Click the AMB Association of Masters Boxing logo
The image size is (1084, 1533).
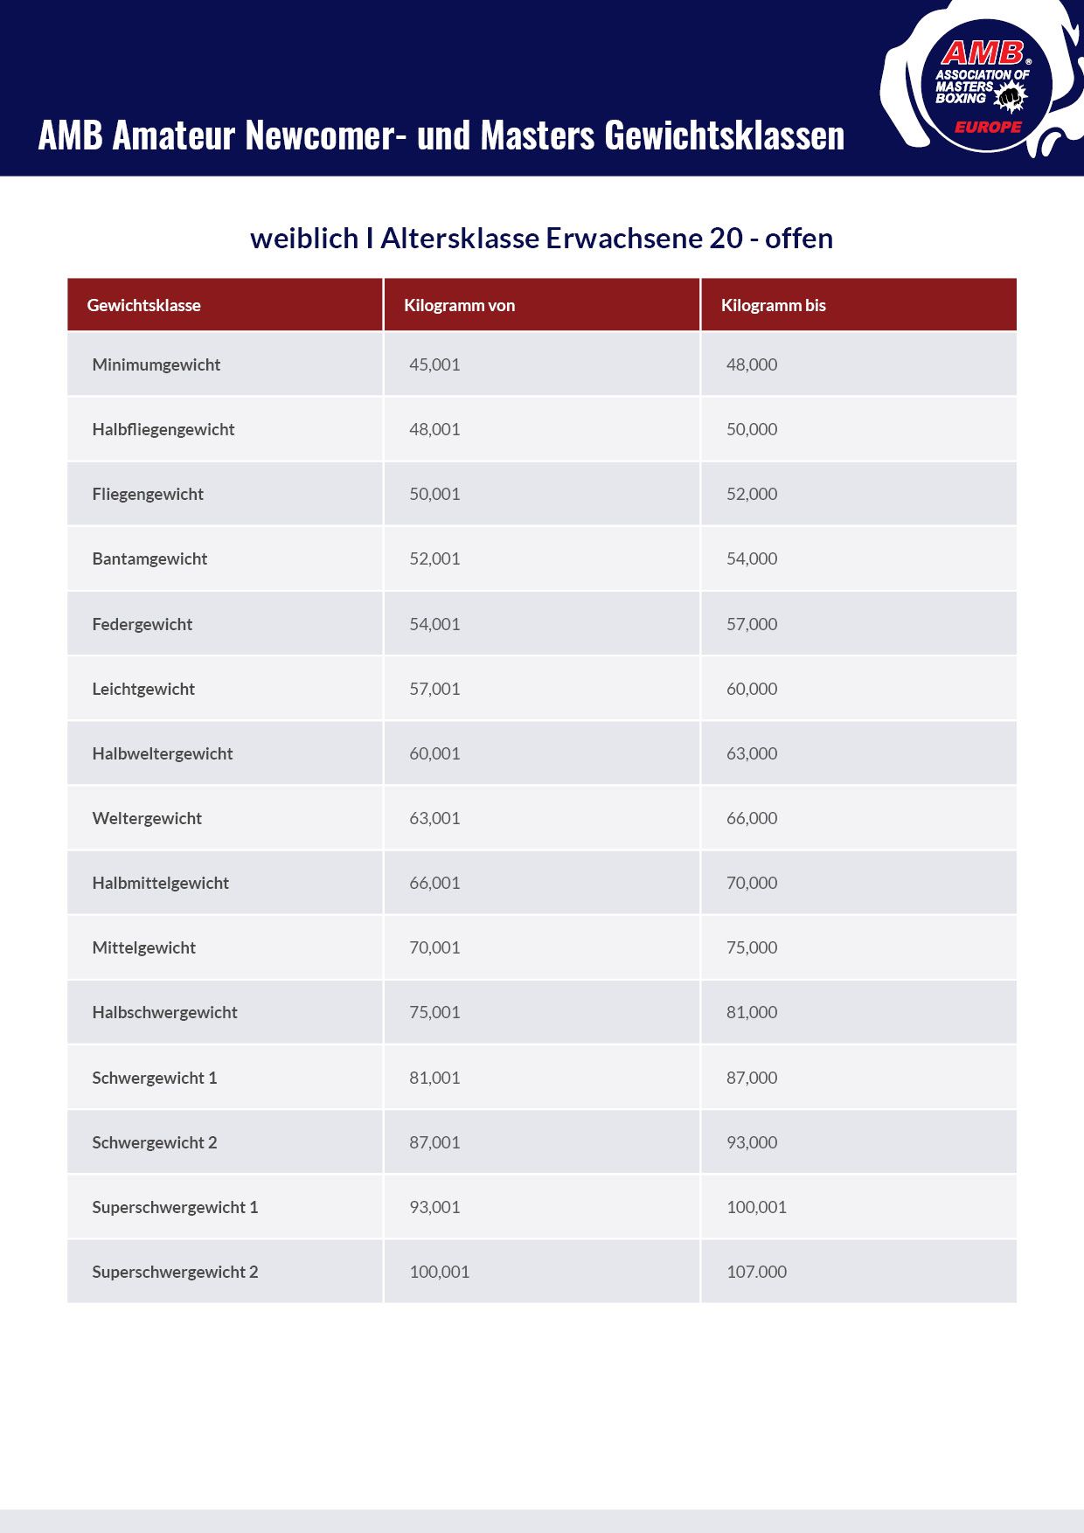point(983,83)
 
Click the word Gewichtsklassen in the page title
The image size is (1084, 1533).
point(724,135)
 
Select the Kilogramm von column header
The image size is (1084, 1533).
point(459,305)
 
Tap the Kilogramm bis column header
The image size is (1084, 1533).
point(773,305)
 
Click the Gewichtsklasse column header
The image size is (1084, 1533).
point(143,305)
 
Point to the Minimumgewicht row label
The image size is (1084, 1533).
point(156,364)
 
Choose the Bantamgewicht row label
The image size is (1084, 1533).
point(149,558)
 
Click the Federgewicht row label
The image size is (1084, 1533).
point(142,624)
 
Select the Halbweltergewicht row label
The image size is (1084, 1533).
point(162,753)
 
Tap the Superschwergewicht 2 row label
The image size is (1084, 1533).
point(175,1272)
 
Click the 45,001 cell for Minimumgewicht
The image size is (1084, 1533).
point(434,364)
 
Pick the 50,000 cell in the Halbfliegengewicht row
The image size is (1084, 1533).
point(751,429)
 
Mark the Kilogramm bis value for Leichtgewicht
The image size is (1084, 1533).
point(751,689)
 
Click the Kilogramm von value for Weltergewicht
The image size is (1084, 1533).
point(434,818)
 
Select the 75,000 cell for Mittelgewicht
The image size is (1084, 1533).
point(751,947)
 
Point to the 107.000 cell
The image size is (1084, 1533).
point(756,1272)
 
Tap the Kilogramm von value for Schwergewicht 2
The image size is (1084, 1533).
point(434,1142)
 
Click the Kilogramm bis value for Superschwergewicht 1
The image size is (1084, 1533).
point(756,1207)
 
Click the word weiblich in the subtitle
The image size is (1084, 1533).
point(304,238)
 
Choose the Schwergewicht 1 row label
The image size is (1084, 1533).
point(154,1078)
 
